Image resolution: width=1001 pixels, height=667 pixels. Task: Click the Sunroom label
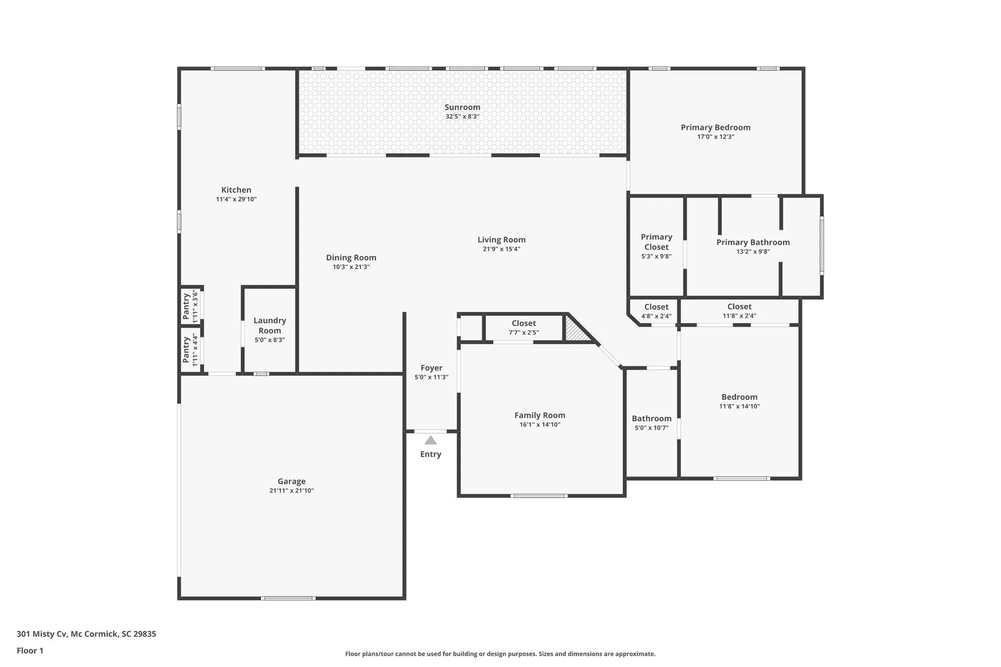[462, 107]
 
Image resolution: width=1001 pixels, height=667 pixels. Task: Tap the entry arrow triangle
[430, 440]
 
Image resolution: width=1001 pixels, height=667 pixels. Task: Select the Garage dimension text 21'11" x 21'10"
[291, 490]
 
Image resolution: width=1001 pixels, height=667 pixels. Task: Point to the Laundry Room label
[269, 325]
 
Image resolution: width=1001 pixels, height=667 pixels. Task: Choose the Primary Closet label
[656, 242]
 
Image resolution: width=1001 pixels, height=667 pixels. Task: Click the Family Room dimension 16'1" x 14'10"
[540, 424]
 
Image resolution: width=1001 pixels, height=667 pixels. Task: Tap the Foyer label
[431, 368]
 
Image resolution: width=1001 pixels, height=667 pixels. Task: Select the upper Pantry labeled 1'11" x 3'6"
[190, 306]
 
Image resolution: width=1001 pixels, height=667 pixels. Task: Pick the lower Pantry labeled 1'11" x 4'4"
[190, 350]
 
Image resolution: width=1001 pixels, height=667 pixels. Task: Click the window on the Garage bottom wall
[288, 598]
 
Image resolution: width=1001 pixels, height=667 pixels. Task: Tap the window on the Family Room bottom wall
[539, 496]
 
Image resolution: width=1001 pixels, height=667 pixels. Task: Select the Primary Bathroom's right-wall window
[821, 245]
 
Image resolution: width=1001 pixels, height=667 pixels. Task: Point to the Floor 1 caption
[30, 650]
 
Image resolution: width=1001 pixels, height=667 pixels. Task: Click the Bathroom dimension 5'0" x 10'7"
[651, 428]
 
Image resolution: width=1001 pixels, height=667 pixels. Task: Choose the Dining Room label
[351, 258]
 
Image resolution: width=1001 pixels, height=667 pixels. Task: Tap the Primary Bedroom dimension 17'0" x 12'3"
[715, 137]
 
